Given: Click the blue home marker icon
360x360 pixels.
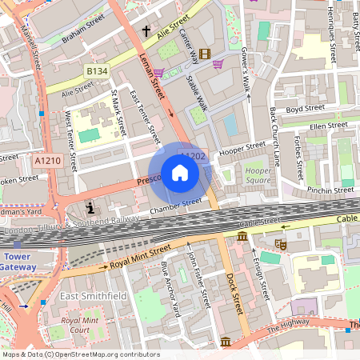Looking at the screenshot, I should [180, 173].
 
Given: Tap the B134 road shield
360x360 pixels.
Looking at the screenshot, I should [97, 72].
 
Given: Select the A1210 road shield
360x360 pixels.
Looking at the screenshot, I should [47, 161].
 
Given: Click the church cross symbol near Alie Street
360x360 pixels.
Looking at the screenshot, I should [146, 30].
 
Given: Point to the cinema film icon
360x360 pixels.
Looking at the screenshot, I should [206, 54].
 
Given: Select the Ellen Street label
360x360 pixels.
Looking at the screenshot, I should [329, 126].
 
